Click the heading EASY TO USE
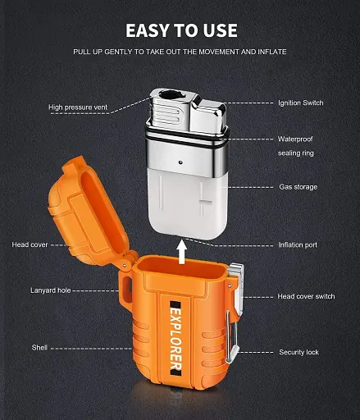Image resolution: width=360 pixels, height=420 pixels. tap(181, 30)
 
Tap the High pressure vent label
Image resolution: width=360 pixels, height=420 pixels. tap(78, 107)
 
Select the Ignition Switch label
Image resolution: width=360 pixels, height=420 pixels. tap(301, 103)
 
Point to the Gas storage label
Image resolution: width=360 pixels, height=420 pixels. tap(298, 187)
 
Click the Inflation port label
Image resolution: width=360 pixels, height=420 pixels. tap(298, 244)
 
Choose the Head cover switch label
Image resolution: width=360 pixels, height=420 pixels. tap(306, 296)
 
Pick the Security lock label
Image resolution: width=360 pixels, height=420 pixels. tap(298, 352)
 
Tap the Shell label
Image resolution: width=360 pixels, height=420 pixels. tap(39, 348)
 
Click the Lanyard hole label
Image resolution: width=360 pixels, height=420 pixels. tap(51, 290)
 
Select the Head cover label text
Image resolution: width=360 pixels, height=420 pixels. tap(30, 244)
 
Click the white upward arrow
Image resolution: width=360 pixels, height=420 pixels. tap(181, 252)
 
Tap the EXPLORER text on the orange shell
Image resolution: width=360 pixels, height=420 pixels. tap(175, 339)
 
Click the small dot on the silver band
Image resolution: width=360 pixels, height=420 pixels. tap(180, 162)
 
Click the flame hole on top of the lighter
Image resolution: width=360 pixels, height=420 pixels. tap(169, 95)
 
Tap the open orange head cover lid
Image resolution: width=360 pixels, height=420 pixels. tap(88, 212)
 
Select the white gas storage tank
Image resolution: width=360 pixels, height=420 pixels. tap(188, 203)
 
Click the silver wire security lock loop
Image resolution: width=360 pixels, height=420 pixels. tap(232, 337)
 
